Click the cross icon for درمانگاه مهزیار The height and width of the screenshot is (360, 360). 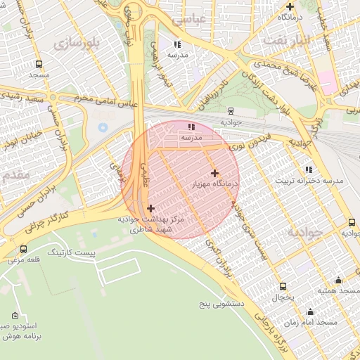click(x=214, y=173)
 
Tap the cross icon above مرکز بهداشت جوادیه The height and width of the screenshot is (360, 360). click(x=151, y=208)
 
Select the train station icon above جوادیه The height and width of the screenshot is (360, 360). click(x=231, y=110)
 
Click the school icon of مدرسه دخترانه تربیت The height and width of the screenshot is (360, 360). click(x=309, y=169)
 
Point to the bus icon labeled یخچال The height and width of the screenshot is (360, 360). click(x=283, y=286)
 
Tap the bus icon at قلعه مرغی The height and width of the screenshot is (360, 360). click(x=24, y=249)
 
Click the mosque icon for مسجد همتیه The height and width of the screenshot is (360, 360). click(x=338, y=280)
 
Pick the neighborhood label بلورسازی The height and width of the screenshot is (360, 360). click(x=77, y=42)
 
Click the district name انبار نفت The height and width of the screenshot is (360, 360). click(x=287, y=40)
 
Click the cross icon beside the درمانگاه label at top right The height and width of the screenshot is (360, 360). click(x=289, y=6)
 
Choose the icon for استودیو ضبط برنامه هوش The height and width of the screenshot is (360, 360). click(x=15, y=316)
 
